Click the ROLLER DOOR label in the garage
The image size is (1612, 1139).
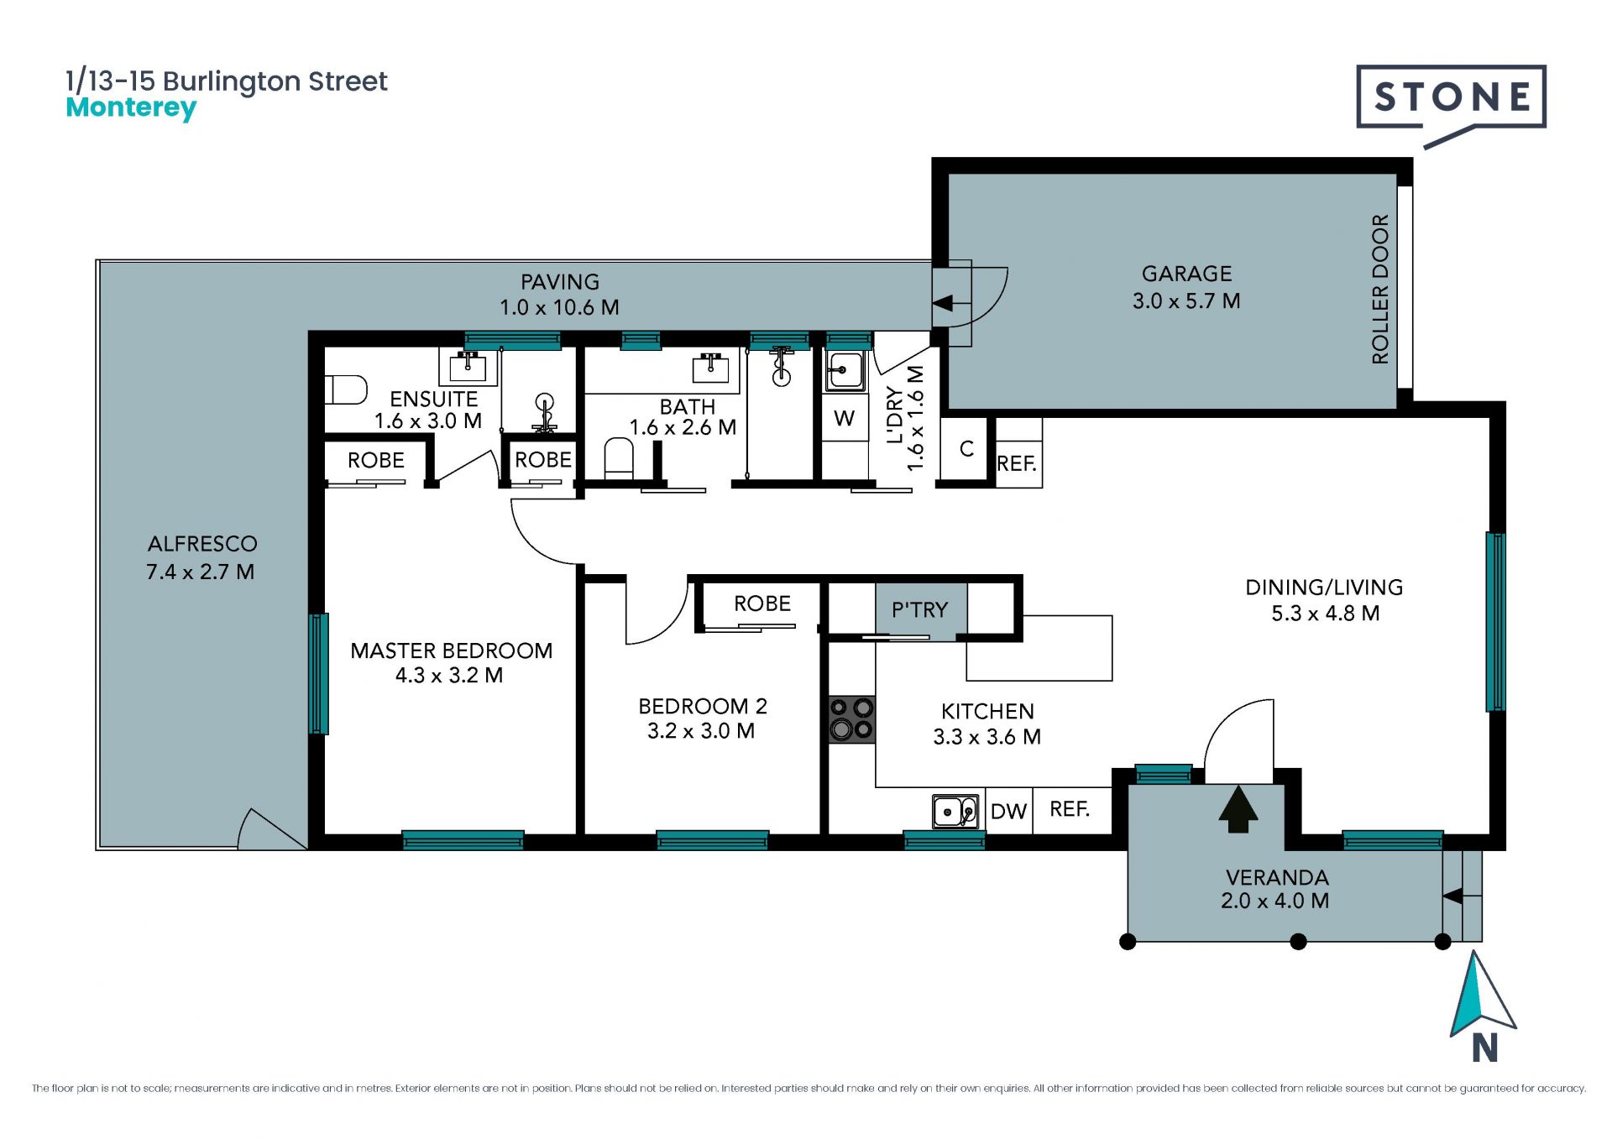pyautogui.click(x=1380, y=290)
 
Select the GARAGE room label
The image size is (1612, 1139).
pyautogui.click(x=1186, y=274)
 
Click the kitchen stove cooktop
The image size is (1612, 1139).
pyautogui.click(x=851, y=719)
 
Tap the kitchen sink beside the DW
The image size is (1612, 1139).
pyautogui.click(x=955, y=812)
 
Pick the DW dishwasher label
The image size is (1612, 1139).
pyautogui.click(x=1008, y=812)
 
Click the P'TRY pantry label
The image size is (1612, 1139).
pyautogui.click(x=919, y=609)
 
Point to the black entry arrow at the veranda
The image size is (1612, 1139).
pyautogui.click(x=1238, y=808)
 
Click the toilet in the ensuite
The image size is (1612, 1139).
pyautogui.click(x=346, y=389)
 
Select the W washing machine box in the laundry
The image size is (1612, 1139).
pyautogui.click(x=845, y=418)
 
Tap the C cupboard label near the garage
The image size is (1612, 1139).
pyautogui.click(x=966, y=449)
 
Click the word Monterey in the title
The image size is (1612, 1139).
pyautogui.click(x=131, y=108)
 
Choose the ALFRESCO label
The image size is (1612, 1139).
pyautogui.click(x=202, y=544)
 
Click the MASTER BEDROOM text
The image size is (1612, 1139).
pyautogui.click(x=451, y=650)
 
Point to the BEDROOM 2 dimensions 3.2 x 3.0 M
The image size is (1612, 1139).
pyautogui.click(x=701, y=731)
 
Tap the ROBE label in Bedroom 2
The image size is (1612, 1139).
pyautogui.click(x=762, y=603)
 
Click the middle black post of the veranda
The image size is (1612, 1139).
pyautogui.click(x=1298, y=942)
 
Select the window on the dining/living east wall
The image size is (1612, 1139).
pyautogui.click(x=1495, y=622)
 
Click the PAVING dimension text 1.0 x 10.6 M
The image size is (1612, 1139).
pyautogui.click(x=559, y=307)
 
